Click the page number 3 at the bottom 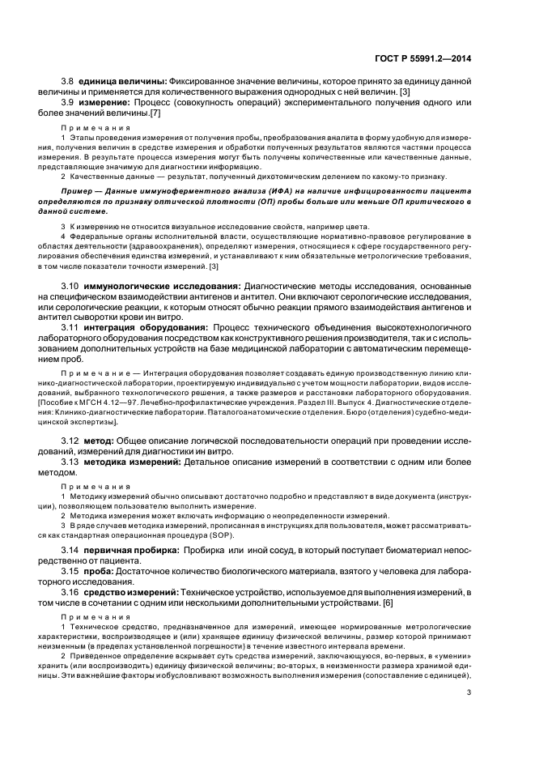pyautogui.click(x=469, y=692)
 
